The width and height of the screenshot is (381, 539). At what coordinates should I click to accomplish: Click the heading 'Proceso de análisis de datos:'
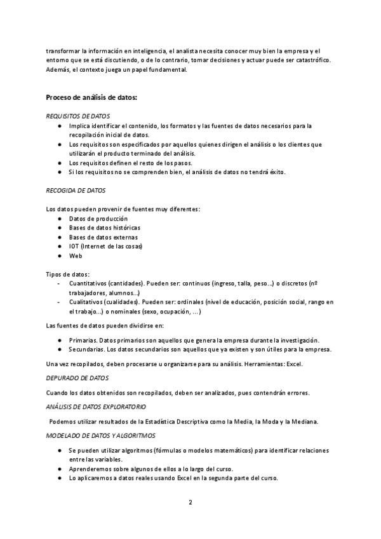pyautogui.click(x=91, y=97)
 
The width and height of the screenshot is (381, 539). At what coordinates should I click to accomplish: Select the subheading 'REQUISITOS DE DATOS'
pyautogui.click(x=78, y=116)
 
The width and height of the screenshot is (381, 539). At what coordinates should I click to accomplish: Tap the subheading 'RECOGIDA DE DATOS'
pyautogui.click(x=76, y=190)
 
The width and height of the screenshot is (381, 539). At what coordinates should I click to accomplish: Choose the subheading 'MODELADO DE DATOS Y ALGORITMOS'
pyautogui.click(x=100, y=435)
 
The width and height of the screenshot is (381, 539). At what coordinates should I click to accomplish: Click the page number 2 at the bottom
pyautogui.click(x=190, y=502)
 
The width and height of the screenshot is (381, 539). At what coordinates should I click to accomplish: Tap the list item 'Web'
pyautogui.click(x=76, y=256)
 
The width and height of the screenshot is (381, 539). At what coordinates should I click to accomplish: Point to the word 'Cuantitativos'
pyautogui.click(x=88, y=283)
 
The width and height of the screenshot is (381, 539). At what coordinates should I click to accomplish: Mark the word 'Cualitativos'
pyautogui.click(x=86, y=303)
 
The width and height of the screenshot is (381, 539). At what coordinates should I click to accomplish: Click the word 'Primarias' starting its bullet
pyautogui.click(x=83, y=340)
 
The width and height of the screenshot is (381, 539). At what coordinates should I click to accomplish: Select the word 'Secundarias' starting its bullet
pyautogui.click(x=86, y=350)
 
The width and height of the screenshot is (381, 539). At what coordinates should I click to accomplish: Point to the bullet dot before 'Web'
pyautogui.click(x=58, y=256)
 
